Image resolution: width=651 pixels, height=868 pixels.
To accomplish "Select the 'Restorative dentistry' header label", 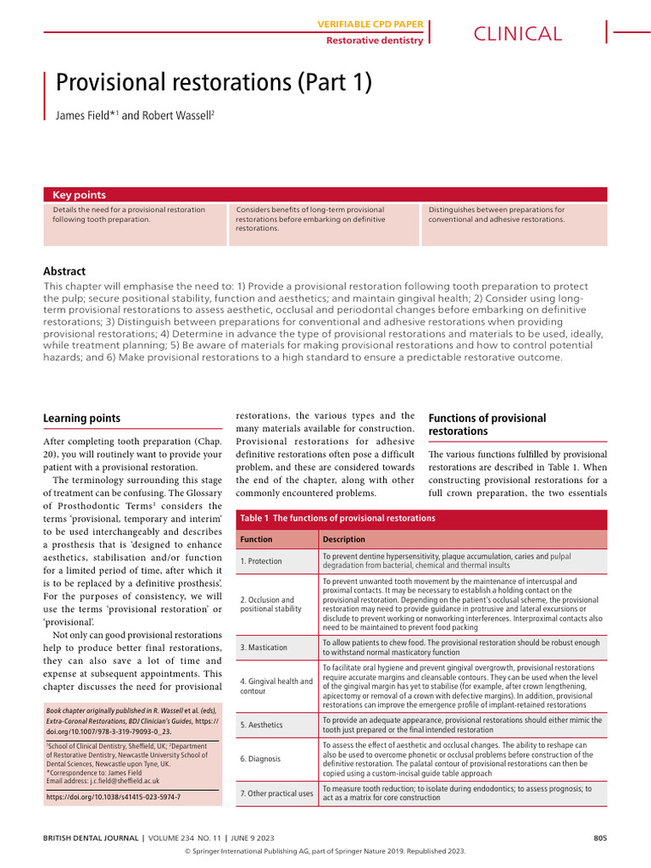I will tap(375, 40).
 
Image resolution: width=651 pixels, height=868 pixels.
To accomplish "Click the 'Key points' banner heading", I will tap(79, 195).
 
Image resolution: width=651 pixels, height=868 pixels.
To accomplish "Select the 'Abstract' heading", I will tap(64, 271).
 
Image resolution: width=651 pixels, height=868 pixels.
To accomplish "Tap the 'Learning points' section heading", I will tap(81, 418).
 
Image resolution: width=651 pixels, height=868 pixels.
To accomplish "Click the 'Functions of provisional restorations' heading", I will tap(487, 425).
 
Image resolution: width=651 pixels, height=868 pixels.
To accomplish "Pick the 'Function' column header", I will tap(256, 539).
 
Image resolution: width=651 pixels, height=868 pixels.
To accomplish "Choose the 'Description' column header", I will tap(344, 539).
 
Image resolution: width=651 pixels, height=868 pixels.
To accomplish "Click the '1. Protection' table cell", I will tap(261, 561).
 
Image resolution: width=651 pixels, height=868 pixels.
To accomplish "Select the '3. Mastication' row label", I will tap(264, 648).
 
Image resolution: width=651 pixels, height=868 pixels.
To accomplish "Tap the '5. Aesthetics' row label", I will tap(262, 726).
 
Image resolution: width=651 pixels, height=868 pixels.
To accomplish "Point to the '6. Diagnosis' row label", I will tap(260, 759).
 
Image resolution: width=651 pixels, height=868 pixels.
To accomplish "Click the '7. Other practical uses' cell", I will tap(276, 793).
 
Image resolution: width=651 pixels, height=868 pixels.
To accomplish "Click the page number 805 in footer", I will tap(600, 838).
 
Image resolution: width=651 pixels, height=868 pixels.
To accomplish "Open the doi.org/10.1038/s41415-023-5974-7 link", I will tap(113, 798).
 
